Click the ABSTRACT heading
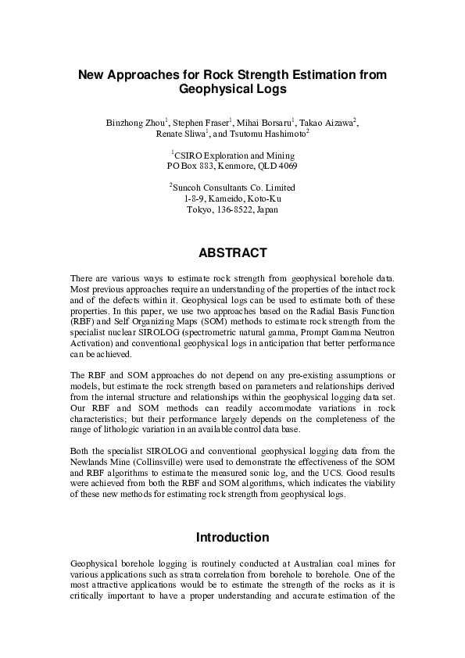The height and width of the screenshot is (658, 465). click(232, 252)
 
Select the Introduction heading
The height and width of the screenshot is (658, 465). click(232, 538)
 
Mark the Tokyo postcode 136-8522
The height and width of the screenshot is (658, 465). click(232, 209)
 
